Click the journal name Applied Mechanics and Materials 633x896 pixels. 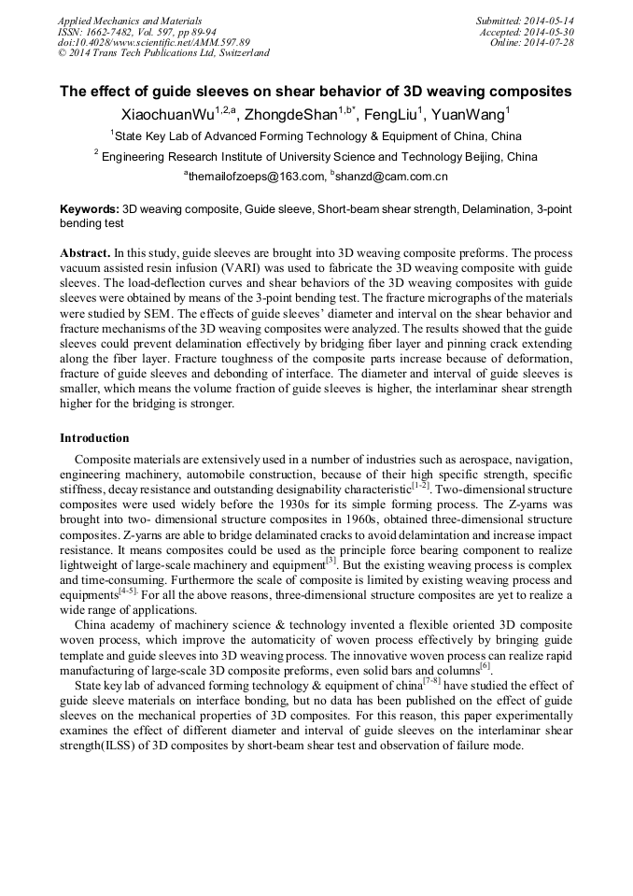(x=129, y=20)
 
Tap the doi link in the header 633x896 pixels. (x=153, y=42)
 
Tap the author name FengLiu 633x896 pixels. (x=389, y=115)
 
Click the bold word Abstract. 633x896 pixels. (x=85, y=253)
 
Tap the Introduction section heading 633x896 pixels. (x=94, y=438)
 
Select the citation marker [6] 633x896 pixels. (x=485, y=667)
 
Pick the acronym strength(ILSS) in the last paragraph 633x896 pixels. (x=100, y=746)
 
